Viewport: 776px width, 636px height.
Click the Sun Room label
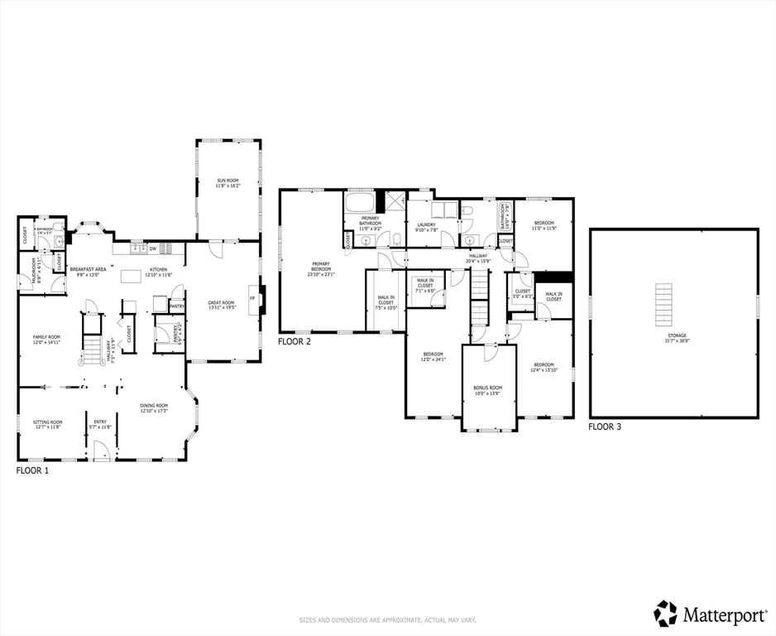tap(228, 183)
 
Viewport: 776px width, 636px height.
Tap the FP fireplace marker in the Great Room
tap(252, 300)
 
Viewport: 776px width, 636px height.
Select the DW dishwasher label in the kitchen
tap(153, 248)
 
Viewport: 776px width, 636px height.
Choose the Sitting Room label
tap(47, 424)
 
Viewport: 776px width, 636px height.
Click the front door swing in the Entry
tap(101, 451)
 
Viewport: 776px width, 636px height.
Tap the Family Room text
tap(46, 340)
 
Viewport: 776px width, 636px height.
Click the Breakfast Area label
tap(87, 271)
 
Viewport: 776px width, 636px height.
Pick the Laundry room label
tap(426, 226)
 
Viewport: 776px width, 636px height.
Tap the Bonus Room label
tap(487, 390)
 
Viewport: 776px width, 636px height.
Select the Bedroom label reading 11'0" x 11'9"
tap(544, 225)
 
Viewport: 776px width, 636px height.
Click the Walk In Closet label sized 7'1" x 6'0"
tap(425, 285)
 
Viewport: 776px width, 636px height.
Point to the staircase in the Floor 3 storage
tap(663, 304)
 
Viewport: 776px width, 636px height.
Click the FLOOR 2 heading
tap(295, 341)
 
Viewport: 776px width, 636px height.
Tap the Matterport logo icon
tap(665, 614)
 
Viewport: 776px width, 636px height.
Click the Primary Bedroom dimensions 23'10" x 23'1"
tap(322, 274)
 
